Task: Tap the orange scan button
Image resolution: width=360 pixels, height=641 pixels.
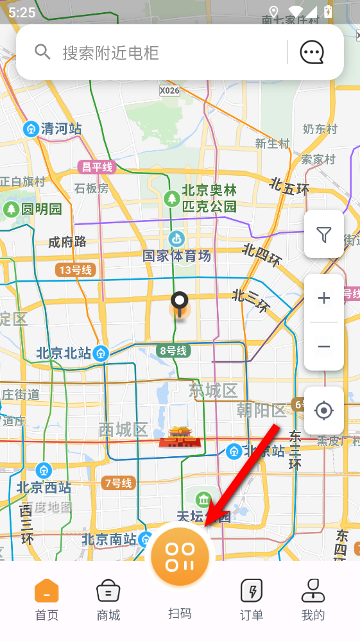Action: click(x=180, y=556)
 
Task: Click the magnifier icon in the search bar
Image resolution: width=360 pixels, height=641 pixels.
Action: click(x=42, y=52)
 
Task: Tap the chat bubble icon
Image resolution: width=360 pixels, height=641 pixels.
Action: click(x=312, y=52)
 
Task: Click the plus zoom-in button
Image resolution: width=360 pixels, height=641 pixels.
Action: click(x=324, y=298)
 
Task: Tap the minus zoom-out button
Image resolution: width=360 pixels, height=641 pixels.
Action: click(x=324, y=347)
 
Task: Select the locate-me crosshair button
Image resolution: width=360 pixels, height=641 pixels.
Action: click(x=324, y=411)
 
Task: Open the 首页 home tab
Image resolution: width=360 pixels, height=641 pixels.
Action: click(x=46, y=600)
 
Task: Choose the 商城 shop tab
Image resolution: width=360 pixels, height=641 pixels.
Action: click(x=108, y=600)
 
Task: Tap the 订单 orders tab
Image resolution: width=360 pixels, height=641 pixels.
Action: click(x=252, y=600)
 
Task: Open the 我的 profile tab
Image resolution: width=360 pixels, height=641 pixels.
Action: click(x=313, y=600)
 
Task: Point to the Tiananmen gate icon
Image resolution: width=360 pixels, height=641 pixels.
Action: click(x=180, y=436)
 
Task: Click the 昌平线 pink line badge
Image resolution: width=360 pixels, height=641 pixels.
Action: click(x=96, y=167)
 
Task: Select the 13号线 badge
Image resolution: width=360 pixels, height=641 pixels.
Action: click(x=75, y=270)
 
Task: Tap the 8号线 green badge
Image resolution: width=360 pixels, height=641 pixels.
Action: click(x=173, y=351)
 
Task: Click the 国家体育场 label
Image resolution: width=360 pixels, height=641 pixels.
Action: click(x=176, y=256)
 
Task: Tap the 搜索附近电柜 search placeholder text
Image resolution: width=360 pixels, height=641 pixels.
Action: click(x=110, y=53)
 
